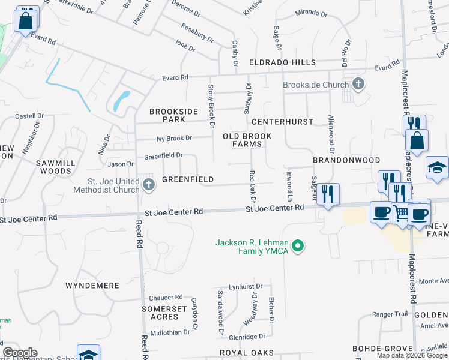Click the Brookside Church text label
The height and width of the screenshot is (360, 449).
[x=315, y=85]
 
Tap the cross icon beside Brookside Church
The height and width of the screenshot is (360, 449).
[x=358, y=84]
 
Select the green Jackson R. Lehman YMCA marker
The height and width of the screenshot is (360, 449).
[x=297, y=246]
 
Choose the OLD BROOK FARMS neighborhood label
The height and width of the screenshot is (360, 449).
[x=247, y=140]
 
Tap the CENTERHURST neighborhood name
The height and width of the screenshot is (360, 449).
[x=287, y=122]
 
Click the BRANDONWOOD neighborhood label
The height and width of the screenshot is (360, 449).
[x=346, y=161]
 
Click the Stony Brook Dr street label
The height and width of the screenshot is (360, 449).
[x=211, y=107]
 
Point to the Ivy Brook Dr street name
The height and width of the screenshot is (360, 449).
[x=174, y=138]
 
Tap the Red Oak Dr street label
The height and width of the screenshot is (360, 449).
[x=253, y=186]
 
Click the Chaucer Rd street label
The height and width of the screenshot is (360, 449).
[x=166, y=298]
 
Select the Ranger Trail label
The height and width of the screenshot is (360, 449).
[x=390, y=314]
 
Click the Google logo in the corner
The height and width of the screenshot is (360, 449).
[x=20, y=353]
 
